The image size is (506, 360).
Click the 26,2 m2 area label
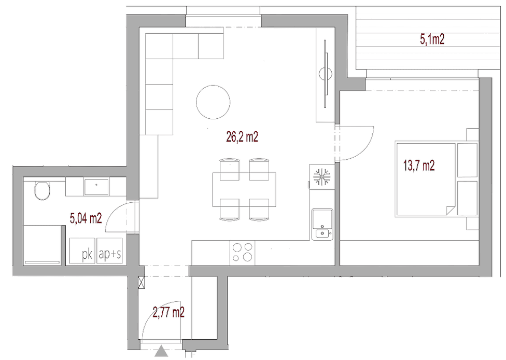(242, 137)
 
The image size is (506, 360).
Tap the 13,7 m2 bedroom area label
(419, 165)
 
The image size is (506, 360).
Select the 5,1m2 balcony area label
(432, 39)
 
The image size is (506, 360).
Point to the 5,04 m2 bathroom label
(86, 218)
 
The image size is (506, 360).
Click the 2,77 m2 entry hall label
(168, 312)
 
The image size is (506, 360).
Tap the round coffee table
(213, 102)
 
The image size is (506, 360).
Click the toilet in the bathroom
(43, 190)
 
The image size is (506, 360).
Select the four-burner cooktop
(242, 252)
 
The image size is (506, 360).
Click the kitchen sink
(322, 225)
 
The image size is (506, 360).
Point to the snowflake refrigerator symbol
(322, 177)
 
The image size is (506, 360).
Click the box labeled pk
(82, 251)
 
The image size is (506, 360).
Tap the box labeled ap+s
(109, 251)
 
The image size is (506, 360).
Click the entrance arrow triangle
(161, 351)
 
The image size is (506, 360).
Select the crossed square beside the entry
(141, 283)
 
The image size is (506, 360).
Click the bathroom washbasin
(96, 187)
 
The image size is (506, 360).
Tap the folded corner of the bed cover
(451, 210)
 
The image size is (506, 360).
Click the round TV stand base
(325, 74)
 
